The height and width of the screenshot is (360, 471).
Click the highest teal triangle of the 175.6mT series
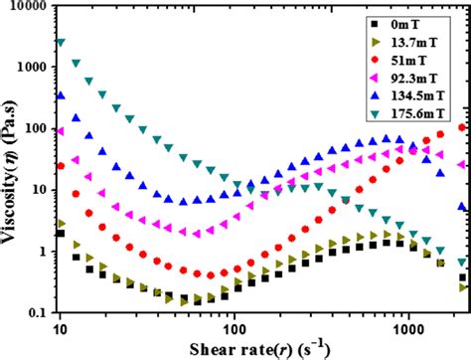click(x=61, y=43)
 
